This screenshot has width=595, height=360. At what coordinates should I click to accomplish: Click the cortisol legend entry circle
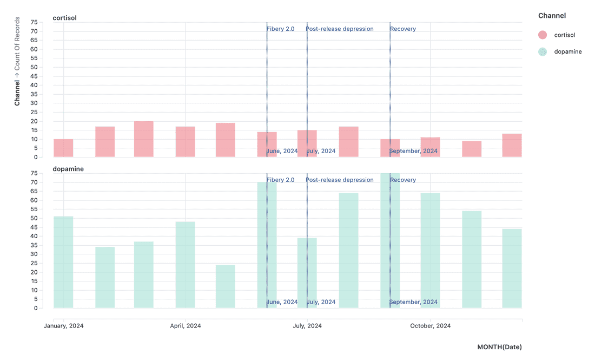[543, 35]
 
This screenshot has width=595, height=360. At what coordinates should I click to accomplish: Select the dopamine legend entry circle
[543, 51]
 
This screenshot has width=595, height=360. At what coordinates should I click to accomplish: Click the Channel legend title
[552, 16]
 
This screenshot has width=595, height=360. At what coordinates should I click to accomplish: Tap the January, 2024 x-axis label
[64, 326]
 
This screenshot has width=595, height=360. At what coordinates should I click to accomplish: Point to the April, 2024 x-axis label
[186, 326]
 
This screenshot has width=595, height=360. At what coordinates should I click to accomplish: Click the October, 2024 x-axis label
[430, 326]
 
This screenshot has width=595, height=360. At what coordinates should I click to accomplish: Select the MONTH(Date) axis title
[499, 347]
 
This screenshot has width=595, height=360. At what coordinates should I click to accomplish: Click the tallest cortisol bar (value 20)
[144, 139]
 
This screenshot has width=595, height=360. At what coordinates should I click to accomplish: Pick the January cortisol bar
[63, 148]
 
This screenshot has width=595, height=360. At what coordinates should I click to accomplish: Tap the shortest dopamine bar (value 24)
[226, 286]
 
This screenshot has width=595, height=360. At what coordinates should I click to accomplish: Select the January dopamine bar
[63, 263]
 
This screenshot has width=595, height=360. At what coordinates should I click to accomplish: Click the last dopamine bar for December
[512, 269]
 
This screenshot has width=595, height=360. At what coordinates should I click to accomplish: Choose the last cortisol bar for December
[512, 146]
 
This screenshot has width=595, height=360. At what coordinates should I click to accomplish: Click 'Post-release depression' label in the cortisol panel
[340, 29]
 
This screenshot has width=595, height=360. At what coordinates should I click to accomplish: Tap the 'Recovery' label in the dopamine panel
[403, 180]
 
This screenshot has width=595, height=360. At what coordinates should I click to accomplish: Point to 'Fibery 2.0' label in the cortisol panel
[281, 29]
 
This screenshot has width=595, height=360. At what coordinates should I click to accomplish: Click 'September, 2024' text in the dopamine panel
[414, 302]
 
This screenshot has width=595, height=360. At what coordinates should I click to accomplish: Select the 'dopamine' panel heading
[68, 169]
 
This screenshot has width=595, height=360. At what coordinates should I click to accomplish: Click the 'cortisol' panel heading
[65, 18]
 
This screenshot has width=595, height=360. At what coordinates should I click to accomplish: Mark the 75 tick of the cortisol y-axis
[34, 22]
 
